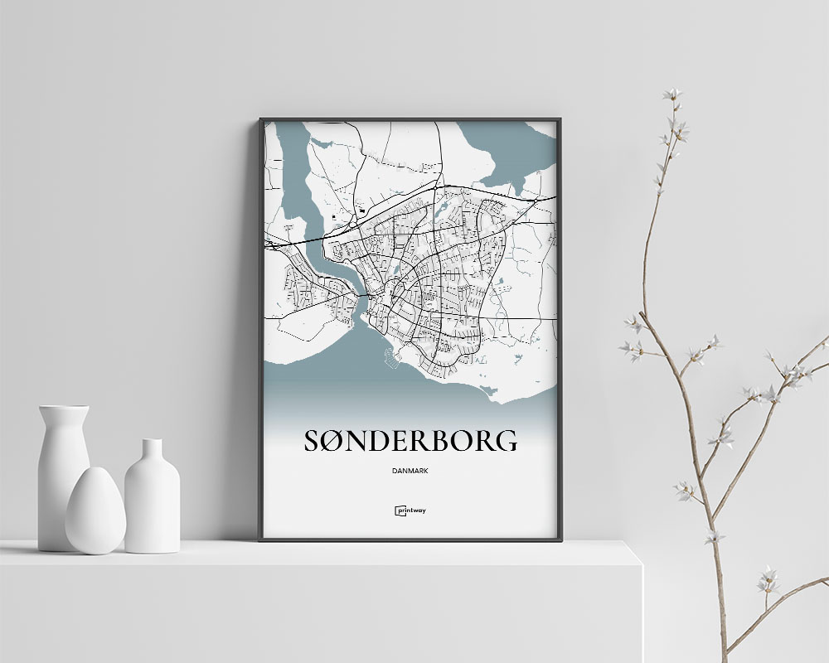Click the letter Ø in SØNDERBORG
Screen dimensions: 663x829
pos(337,441)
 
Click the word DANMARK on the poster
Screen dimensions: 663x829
pos(411,472)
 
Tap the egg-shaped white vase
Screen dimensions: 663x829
pos(95,511)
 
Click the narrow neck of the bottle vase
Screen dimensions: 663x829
pos(153,452)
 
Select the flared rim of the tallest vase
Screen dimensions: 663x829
pos(64,409)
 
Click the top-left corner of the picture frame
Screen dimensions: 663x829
pos(261,120)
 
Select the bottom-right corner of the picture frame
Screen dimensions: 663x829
pos(560,540)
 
